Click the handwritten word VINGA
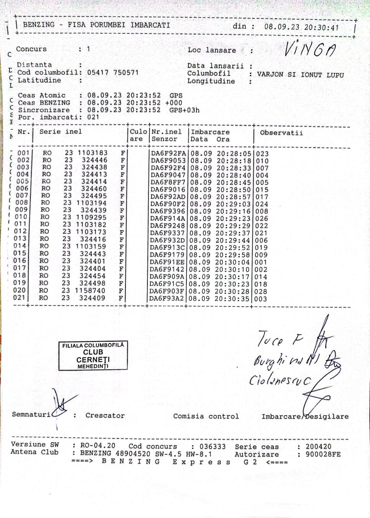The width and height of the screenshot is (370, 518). [310, 50]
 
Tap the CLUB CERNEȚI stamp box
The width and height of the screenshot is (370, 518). [93, 356]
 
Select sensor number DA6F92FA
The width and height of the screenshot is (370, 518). [168, 153]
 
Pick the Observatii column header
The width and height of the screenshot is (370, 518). [281, 133]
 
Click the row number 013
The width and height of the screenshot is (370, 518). [20, 239]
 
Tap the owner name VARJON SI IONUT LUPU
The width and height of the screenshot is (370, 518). [300, 75]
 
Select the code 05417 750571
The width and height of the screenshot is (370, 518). [113, 72]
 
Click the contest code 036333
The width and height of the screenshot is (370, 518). [212, 447]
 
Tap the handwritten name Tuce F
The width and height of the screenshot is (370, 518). [280, 340]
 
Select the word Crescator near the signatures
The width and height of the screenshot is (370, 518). [105, 416]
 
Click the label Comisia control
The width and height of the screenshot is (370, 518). [206, 416]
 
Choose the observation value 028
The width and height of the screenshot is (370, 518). [261, 292]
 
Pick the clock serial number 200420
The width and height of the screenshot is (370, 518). [318, 447]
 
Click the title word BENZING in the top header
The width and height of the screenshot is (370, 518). [39, 25]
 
